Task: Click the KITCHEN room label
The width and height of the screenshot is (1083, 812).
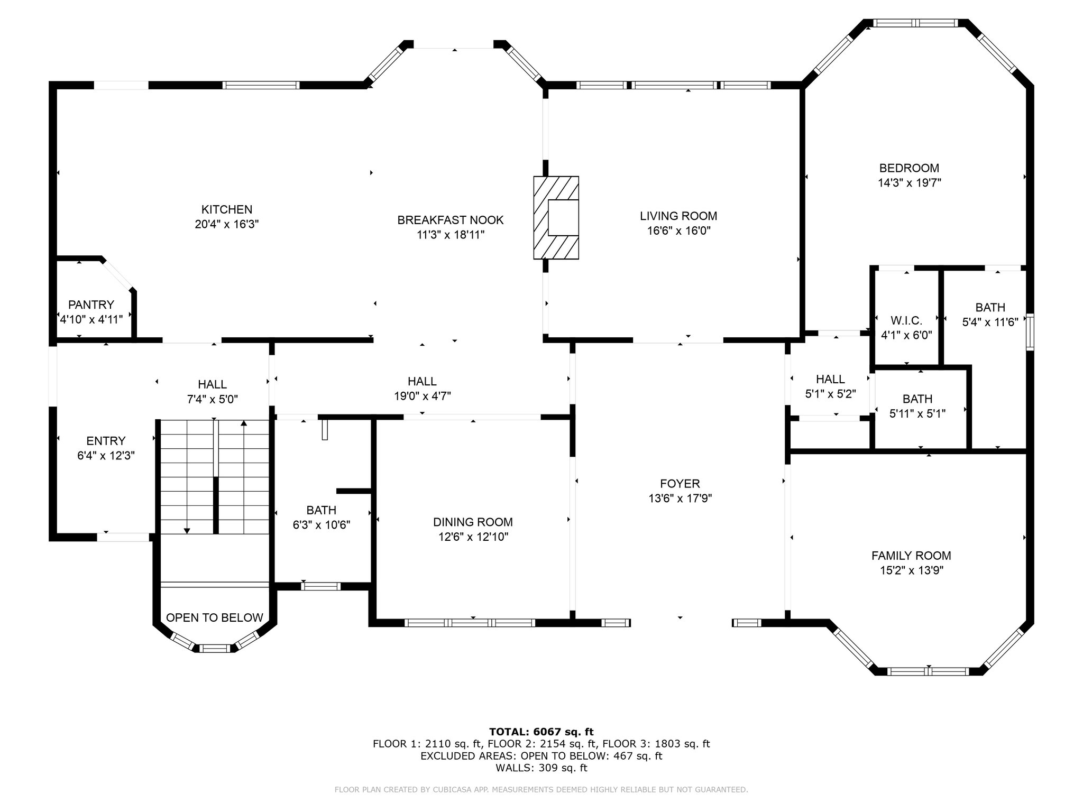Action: pos(227,209)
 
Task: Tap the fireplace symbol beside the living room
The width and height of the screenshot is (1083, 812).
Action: pos(556,218)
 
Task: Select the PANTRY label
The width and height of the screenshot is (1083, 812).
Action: pos(91,305)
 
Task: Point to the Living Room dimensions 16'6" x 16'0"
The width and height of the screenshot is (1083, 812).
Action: pos(678,230)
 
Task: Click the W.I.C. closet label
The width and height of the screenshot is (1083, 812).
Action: pos(906,321)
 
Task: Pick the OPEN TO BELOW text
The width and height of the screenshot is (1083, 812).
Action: pos(215,617)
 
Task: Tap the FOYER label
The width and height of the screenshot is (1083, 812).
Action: pos(680,483)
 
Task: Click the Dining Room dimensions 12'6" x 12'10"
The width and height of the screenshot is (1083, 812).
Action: pos(473,537)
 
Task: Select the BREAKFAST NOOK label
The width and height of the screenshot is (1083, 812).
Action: pos(451,220)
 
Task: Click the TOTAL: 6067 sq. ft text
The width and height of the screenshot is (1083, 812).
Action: pos(541,732)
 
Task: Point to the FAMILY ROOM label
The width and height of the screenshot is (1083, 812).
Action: pos(911,556)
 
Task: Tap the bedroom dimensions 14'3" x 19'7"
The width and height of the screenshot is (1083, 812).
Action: pos(910,183)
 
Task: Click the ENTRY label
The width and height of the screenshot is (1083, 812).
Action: pos(106,441)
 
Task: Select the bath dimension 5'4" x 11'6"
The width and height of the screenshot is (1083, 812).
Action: pos(990,322)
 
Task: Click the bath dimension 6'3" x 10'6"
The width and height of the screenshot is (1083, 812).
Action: pos(322,525)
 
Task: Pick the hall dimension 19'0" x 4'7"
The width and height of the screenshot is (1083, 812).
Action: pos(423,395)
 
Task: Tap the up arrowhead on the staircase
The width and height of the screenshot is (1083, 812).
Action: pos(244,423)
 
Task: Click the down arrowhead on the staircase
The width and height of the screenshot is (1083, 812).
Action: pos(187,531)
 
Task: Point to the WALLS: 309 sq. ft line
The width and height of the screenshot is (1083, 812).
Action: pos(541,768)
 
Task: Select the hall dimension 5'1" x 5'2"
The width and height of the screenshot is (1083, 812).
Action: pos(830,394)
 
